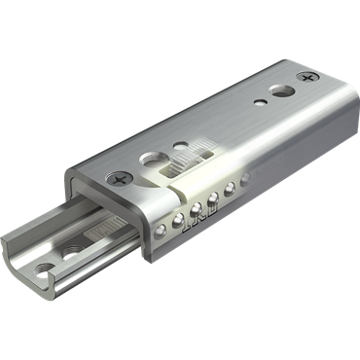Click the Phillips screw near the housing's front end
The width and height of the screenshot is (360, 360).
[121, 179]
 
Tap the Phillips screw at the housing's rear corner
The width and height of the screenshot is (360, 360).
[310, 76]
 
